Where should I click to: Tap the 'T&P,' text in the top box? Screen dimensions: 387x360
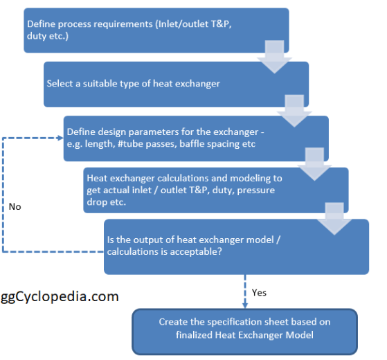coord(221,24)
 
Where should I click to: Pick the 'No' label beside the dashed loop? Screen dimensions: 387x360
coord(15,207)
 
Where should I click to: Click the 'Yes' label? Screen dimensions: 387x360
coord(259,293)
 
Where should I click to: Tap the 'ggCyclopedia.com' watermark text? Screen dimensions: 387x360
coord(60,297)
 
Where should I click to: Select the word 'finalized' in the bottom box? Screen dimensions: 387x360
coord(195,335)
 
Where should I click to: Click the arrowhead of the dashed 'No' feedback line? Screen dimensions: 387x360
coord(60,138)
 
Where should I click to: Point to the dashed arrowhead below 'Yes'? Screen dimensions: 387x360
coord(245,305)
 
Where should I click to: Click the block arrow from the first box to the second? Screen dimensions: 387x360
coord(274,57)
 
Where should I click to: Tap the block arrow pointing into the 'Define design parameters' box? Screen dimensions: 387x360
coord(294,111)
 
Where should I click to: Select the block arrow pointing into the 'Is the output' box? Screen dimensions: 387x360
coord(334,219)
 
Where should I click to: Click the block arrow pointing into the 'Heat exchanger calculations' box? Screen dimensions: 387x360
coord(314,164)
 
